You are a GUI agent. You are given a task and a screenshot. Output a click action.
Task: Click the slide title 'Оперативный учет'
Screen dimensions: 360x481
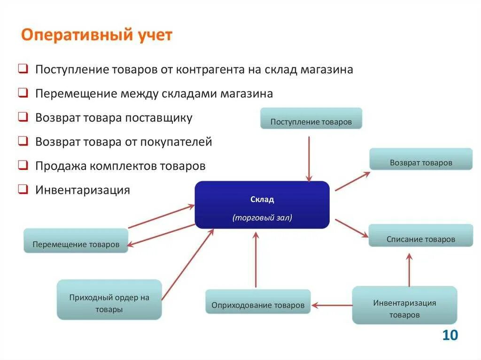coord(97,36)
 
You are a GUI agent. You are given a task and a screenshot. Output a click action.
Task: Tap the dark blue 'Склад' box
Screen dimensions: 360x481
coord(262,205)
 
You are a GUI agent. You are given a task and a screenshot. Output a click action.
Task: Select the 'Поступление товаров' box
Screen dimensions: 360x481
coord(311,118)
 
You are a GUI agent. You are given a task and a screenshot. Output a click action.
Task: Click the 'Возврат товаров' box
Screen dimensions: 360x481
coord(420,159)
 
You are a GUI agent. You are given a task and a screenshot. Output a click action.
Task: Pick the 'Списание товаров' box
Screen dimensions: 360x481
coord(420,236)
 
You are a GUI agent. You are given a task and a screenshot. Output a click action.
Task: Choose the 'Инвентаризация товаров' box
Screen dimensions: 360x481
coord(404,305)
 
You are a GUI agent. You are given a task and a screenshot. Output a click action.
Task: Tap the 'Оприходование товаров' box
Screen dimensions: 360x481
coord(258,302)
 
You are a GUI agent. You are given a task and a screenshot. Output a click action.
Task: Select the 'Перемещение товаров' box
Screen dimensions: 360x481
coord(76,241)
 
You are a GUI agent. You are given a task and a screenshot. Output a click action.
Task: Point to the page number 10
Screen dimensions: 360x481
coord(450,335)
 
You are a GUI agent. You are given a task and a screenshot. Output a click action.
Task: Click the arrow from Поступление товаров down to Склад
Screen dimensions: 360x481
coord(309,159)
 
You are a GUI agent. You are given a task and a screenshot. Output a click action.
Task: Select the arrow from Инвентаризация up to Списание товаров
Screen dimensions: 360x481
coord(409,270)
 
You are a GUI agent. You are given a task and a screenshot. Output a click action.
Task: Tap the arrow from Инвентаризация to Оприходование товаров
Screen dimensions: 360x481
coord(332,306)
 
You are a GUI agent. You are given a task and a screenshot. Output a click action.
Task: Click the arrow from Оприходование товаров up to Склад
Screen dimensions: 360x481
coord(256,260)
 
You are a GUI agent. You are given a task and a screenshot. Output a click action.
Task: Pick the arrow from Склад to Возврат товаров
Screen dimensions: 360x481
coord(352,181)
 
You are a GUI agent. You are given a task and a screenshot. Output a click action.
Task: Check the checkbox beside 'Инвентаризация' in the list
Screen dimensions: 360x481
coord(23,190)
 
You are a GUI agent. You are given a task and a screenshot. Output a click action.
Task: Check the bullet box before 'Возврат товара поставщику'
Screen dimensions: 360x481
coord(23,117)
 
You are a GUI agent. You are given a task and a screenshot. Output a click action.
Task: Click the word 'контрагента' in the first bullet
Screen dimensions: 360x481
coord(209,69)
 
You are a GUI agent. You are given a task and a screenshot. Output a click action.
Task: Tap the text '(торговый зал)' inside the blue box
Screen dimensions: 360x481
coord(262,218)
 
